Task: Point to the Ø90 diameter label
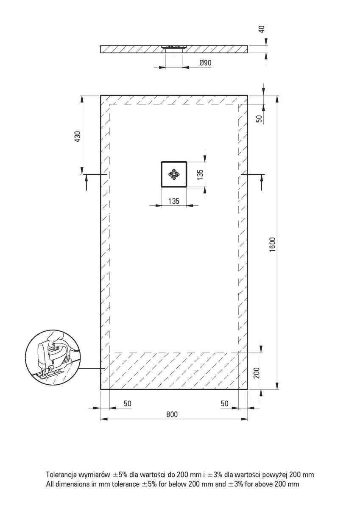[x=205, y=63]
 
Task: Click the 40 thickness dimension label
[x=261, y=30]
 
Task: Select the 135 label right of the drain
[x=201, y=174]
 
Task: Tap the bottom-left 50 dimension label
[x=127, y=403]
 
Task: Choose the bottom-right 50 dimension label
[x=225, y=403]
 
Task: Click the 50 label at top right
[x=260, y=118]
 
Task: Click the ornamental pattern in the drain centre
[x=173, y=174]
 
